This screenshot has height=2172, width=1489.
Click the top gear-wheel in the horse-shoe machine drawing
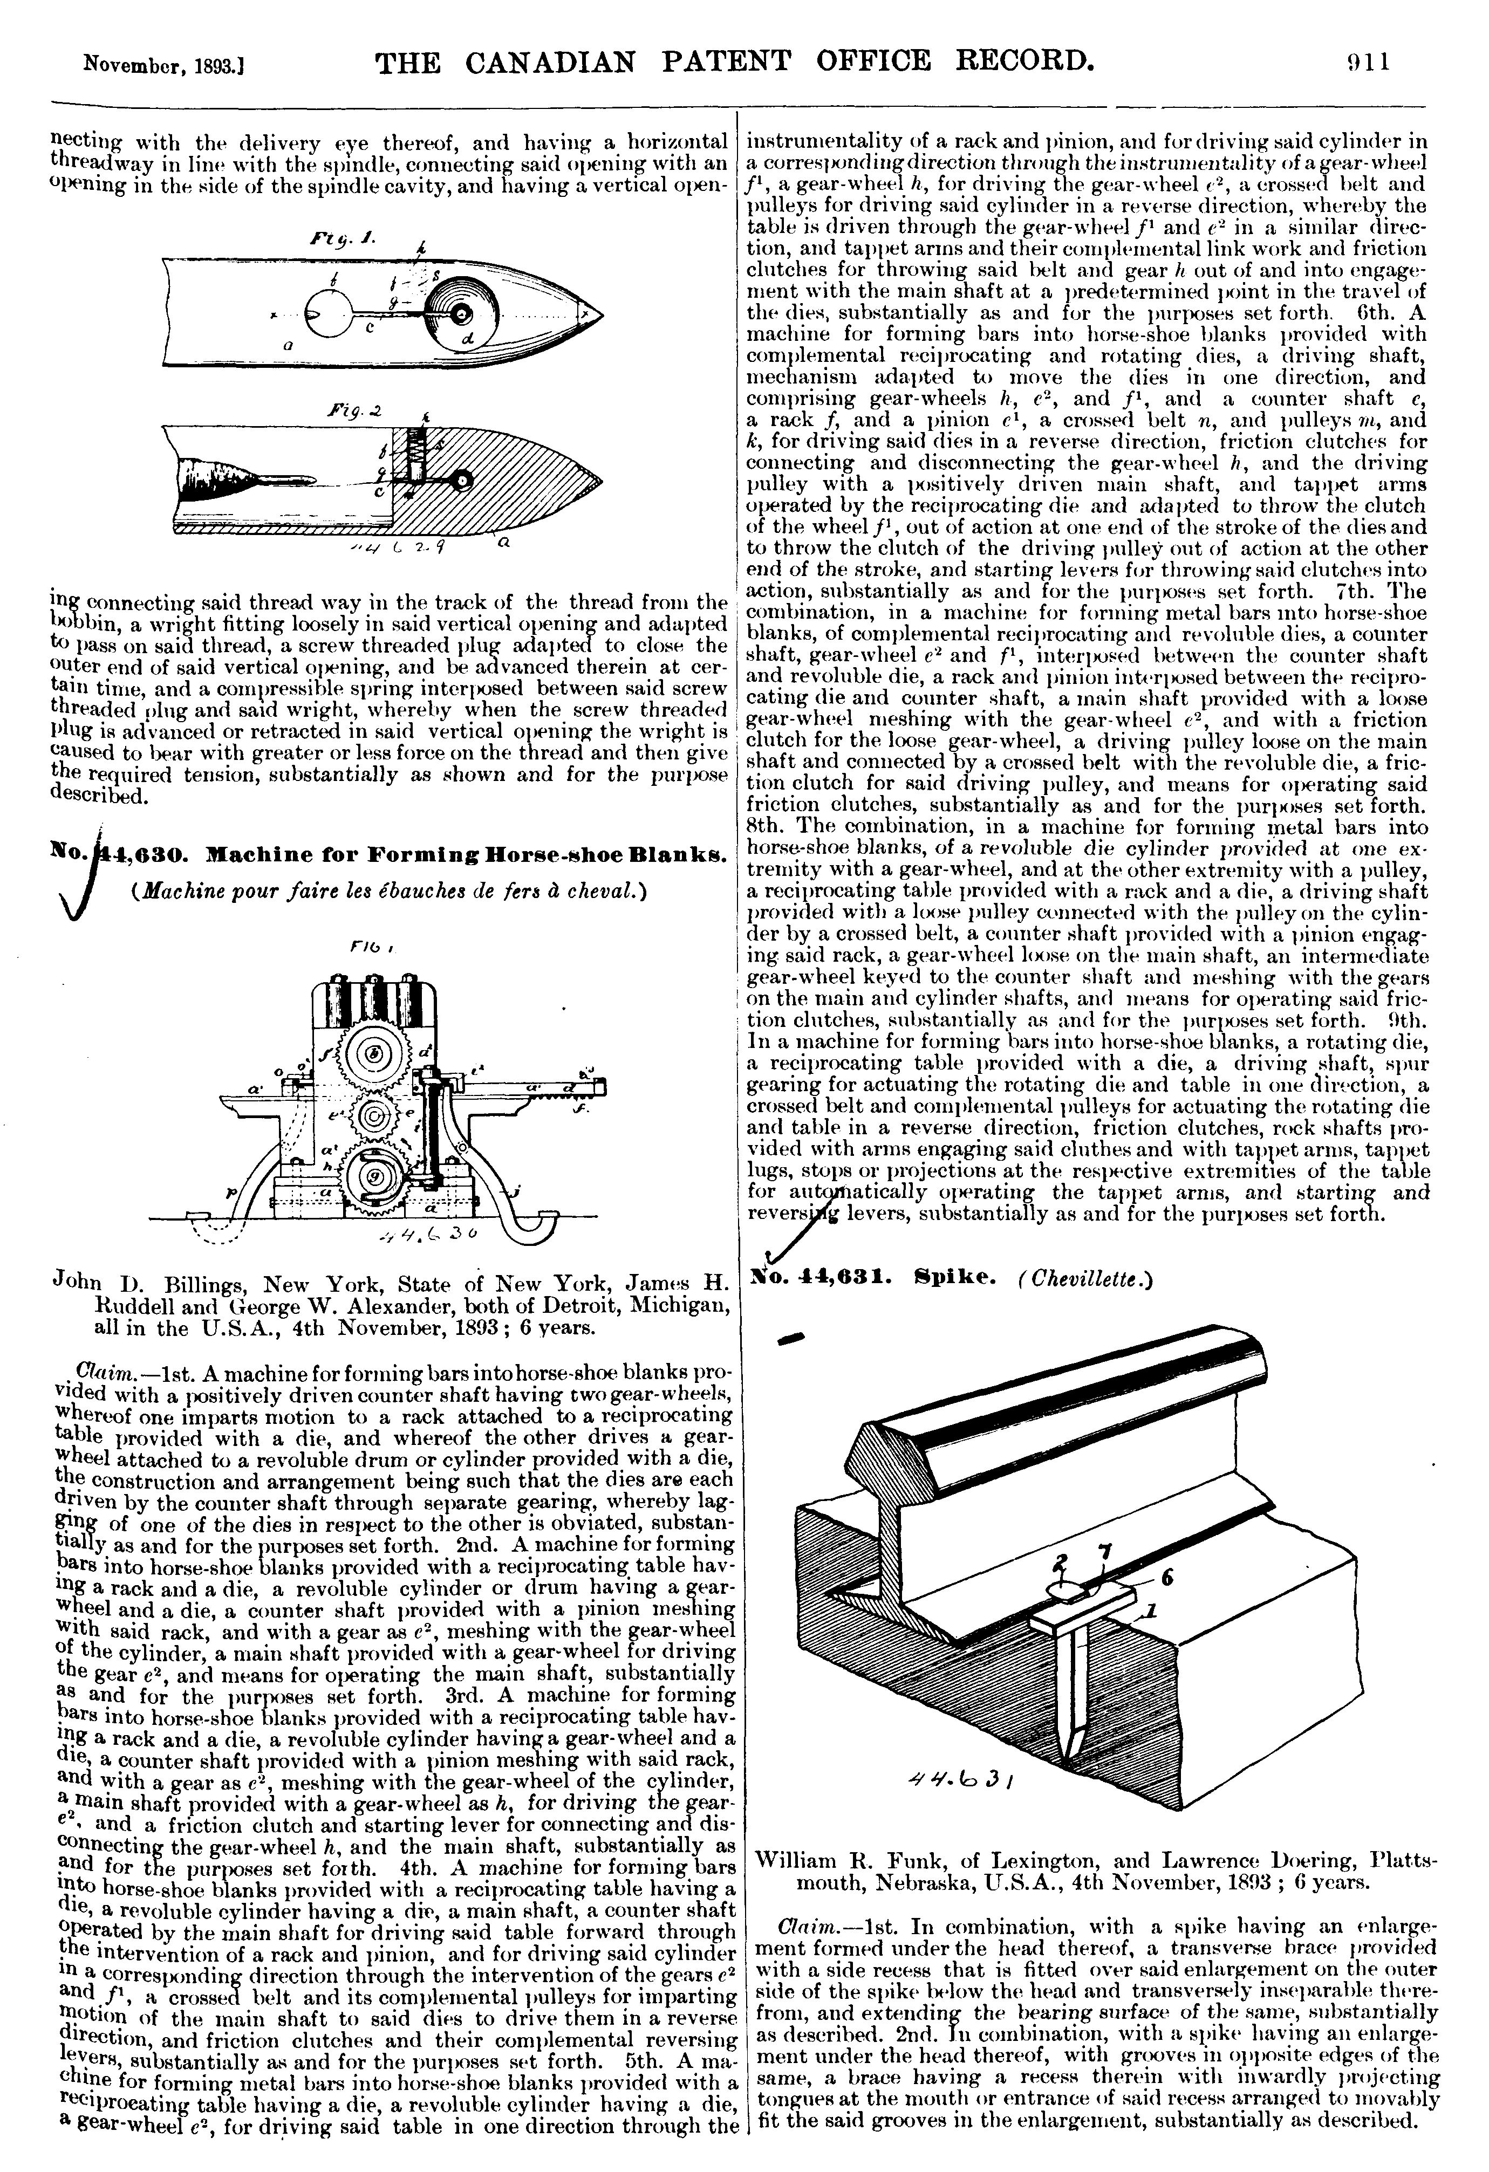(374, 1054)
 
